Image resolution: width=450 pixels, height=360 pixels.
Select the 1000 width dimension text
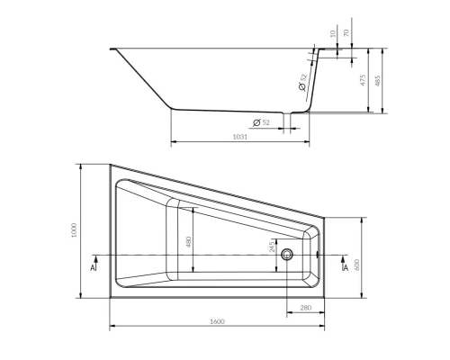76,231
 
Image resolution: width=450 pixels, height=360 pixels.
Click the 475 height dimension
362,80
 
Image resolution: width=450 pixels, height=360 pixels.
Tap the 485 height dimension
380,80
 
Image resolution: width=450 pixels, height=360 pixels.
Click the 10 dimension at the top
330,34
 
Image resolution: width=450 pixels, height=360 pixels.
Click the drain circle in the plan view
287,255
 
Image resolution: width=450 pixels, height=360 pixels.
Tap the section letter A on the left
94,268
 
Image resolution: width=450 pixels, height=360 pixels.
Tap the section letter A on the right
345,268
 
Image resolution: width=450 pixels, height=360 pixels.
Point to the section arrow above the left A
94,258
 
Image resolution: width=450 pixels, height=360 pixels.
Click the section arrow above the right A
345,258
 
